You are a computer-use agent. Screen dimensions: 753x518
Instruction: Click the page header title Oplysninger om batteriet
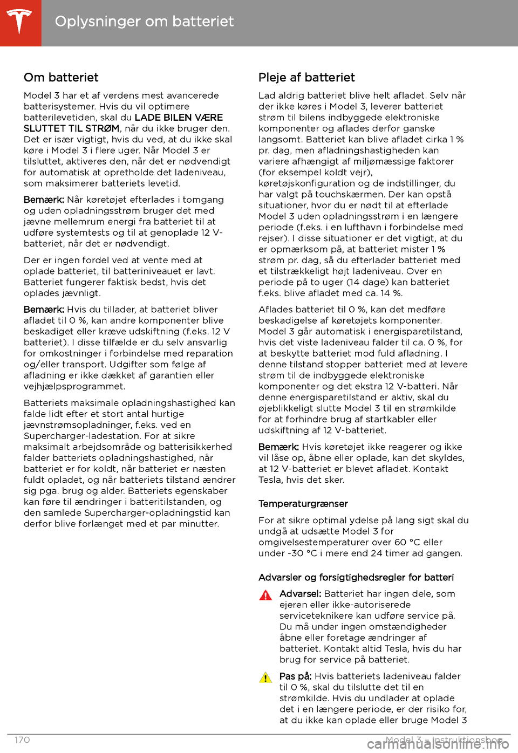(144, 22)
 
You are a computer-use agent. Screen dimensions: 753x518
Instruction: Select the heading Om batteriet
(61, 78)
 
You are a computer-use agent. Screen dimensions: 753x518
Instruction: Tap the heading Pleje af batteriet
(306, 78)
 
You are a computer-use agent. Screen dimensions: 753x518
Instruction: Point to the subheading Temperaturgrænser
(303, 504)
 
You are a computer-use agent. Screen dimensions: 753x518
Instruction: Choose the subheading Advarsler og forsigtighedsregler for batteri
(356, 578)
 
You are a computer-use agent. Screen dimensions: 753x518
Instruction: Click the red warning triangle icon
(265, 595)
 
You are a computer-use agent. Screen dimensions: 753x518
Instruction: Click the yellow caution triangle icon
(265, 678)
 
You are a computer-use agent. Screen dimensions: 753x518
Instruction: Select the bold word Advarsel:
(300, 594)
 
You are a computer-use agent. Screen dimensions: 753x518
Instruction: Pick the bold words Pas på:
(295, 676)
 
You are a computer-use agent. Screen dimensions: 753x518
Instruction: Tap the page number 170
(22, 740)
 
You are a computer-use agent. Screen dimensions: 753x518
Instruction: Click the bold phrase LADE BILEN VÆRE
(179, 118)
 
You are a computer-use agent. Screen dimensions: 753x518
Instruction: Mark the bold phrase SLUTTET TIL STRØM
(71, 128)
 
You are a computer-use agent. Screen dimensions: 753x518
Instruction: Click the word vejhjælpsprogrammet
(74, 386)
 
